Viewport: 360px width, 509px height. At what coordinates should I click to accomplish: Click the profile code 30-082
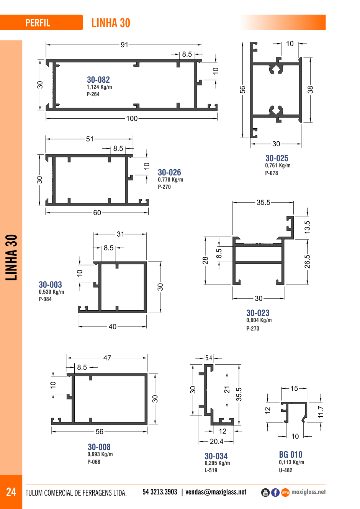pos(98,80)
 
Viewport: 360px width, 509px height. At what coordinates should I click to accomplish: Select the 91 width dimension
pos(124,45)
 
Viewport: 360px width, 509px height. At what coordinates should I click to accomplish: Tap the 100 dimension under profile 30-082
pos(132,118)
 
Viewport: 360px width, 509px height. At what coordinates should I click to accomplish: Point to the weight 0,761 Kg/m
pos(278,165)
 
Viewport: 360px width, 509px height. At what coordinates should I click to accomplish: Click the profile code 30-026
pos(169,172)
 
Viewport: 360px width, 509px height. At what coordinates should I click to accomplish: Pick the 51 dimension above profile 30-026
pos(90,139)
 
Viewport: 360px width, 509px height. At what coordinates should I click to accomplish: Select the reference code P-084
pos(45,299)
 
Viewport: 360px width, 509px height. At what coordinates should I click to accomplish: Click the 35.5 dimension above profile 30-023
pos(263,202)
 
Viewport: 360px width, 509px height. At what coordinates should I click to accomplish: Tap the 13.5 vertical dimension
pos(307,227)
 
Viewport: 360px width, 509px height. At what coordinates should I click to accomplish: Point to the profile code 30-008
pos(99,447)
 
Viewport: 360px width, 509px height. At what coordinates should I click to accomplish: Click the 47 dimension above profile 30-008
pos(107,358)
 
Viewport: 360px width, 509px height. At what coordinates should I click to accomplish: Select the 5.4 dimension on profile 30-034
pos(209,358)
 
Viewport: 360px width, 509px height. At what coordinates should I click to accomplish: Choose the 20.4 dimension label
pos(217,441)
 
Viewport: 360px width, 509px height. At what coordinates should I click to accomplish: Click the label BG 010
pos(291,455)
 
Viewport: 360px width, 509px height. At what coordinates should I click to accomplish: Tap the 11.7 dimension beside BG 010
pos(321,412)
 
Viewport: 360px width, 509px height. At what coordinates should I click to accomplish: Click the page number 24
pos(11,492)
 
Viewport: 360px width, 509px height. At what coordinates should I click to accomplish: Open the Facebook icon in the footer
pos(275,493)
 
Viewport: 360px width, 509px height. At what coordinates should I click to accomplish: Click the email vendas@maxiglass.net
pos(216,492)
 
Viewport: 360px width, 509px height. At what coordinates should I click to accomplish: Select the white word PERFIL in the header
pos(38,23)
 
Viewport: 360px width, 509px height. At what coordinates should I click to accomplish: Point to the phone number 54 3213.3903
pos(160,492)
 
